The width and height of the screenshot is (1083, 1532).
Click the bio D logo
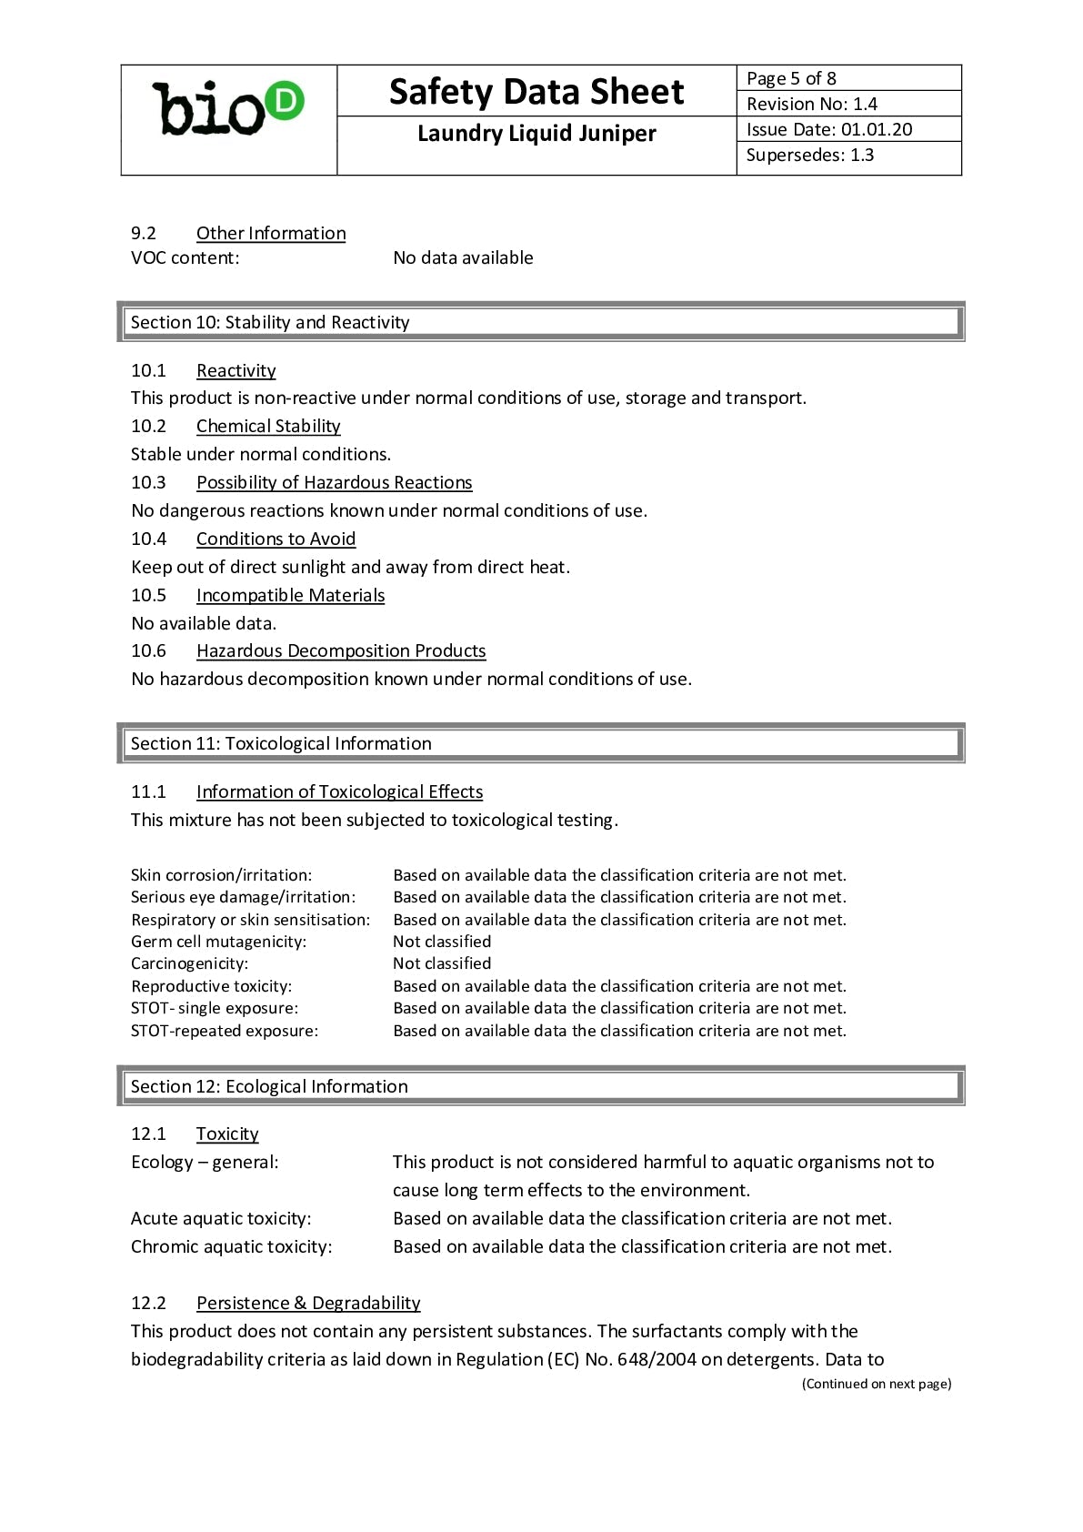click(x=227, y=109)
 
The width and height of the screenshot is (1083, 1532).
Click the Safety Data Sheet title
click(x=536, y=92)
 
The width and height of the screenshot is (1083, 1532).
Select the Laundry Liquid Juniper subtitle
click(x=536, y=134)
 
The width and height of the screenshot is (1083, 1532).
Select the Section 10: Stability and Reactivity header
click(x=270, y=322)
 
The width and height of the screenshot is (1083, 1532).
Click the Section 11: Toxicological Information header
click(x=281, y=743)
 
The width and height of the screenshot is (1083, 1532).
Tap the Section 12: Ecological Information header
click(x=269, y=1086)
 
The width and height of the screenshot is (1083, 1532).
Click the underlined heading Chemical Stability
click(x=268, y=426)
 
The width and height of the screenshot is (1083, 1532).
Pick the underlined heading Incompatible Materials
click(x=290, y=595)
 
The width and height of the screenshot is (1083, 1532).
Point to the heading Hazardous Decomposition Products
click(x=341, y=650)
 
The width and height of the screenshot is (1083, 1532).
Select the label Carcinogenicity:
click(x=189, y=963)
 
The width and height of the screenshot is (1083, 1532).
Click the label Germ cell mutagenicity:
click(x=218, y=942)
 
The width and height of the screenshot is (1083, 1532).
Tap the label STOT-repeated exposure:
click(x=225, y=1031)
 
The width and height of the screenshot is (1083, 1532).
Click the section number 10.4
click(x=148, y=539)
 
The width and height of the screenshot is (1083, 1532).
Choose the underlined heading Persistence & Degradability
click(x=308, y=1303)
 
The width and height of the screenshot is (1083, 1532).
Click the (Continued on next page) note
click(x=877, y=1384)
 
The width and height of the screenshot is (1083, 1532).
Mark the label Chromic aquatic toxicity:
click(x=231, y=1246)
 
